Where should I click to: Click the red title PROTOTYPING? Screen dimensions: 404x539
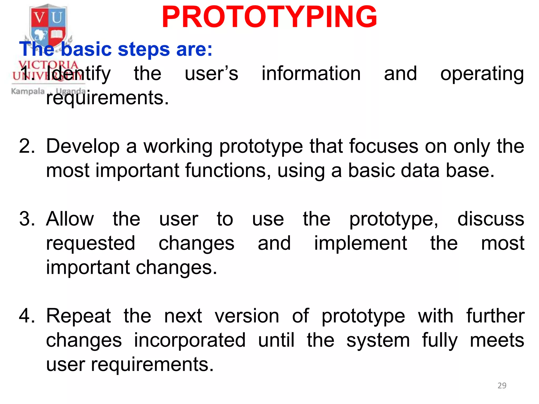click(x=269, y=17)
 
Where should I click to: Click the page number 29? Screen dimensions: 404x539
click(x=502, y=386)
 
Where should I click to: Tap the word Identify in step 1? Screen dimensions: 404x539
click(x=78, y=74)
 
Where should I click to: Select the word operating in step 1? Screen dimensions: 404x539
click(x=482, y=74)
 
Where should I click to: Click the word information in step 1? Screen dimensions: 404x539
click(x=311, y=73)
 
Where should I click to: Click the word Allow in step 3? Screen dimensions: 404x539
click(x=70, y=219)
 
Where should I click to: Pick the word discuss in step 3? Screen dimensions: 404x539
click(x=491, y=219)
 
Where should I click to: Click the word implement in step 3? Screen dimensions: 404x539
click(x=361, y=243)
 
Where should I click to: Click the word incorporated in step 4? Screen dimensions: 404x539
click(x=190, y=340)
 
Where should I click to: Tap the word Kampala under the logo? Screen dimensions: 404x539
click(x=28, y=91)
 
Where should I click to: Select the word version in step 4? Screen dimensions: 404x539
click(x=247, y=316)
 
